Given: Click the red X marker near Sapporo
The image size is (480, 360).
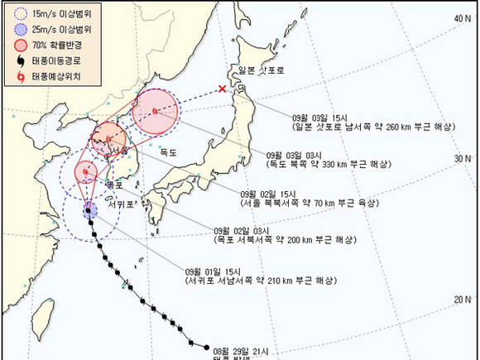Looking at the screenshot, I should pyautogui.click(x=222, y=89).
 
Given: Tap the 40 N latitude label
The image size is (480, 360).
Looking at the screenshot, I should pyautogui.click(x=462, y=17).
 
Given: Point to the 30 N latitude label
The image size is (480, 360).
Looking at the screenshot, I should pyautogui.click(x=462, y=158).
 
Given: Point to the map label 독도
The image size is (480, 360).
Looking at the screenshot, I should pyautogui.click(x=169, y=151).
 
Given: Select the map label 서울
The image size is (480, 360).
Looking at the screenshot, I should pyautogui.click(x=118, y=150).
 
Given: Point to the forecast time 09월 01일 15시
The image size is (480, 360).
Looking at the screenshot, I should pyautogui.click(x=213, y=271).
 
